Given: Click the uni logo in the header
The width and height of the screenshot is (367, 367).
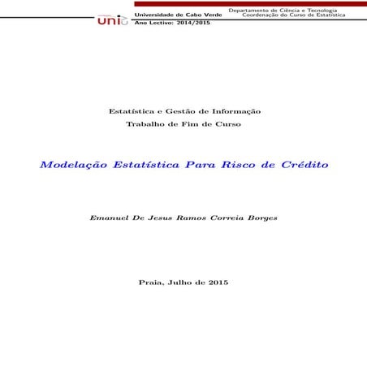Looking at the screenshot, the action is pos(112,19).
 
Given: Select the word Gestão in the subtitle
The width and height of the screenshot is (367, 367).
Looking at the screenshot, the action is pos(175,111).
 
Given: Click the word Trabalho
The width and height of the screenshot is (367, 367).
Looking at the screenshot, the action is pos(145,123).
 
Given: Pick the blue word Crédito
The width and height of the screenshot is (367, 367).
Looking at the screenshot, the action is pos(304,165).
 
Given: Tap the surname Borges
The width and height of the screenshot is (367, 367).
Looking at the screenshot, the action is pos(259,218).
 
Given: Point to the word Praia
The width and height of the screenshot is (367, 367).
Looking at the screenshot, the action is pos(152,282).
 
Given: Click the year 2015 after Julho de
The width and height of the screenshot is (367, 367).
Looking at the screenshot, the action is pos(218,282).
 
